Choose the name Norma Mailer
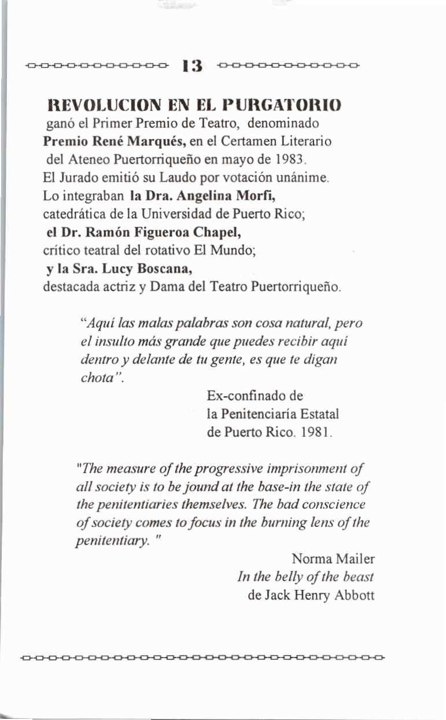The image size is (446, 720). tap(333, 559)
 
